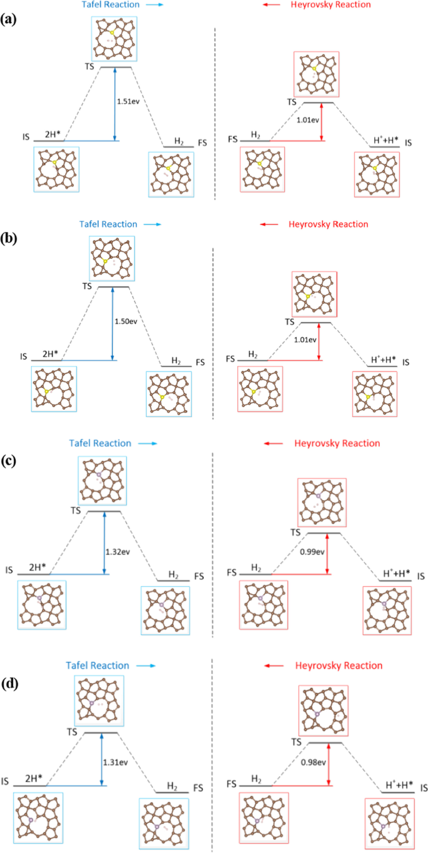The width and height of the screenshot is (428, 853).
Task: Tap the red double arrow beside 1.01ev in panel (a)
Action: [x=321, y=121]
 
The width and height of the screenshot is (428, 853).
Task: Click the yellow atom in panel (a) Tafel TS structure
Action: [x=112, y=32]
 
